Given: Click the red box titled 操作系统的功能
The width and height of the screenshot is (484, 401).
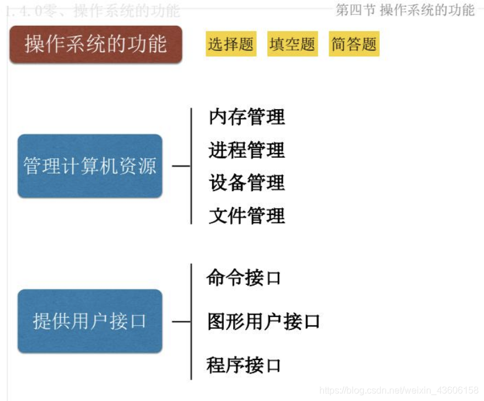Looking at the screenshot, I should coord(96,44).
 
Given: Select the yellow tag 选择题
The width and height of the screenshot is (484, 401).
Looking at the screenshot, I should coord(231,44).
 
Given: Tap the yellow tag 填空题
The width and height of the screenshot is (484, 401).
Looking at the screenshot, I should coord(292,44).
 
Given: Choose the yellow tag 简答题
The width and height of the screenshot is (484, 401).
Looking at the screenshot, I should coord(354,44).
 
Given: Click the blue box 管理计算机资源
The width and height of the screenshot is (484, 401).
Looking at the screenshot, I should coord(90,166).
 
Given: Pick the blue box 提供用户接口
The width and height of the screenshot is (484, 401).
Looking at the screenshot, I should coord(90,321).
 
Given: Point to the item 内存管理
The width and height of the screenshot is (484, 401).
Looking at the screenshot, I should coord(247,117).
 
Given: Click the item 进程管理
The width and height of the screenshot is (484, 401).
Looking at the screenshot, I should coord(247,150).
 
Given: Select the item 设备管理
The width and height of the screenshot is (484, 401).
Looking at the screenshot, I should coord(247,183).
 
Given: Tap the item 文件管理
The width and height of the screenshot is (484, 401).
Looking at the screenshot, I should coord(247,216).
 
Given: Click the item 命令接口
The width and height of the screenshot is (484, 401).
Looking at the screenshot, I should coord(244,277).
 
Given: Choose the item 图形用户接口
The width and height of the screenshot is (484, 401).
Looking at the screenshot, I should coord(264,321).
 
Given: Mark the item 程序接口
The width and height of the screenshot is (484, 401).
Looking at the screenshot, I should coord(244,365).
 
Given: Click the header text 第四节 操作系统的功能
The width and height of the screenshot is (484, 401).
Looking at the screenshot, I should coord(405,10).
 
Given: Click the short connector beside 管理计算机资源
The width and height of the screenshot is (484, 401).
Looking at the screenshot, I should coord(181,166).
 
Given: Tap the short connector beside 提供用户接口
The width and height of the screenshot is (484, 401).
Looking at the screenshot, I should coord(181,321).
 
